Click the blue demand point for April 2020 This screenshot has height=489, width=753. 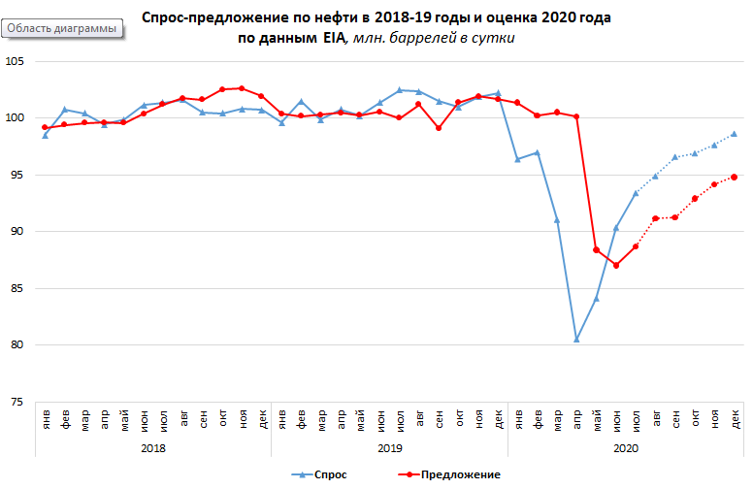coord(576,340)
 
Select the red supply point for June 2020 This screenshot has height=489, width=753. coord(616,265)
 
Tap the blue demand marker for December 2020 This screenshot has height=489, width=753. coord(735,134)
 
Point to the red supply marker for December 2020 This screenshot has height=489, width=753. coord(735,177)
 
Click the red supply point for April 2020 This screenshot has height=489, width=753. coord(576,116)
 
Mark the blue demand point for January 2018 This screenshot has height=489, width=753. coord(45,135)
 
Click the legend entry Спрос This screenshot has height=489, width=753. coord(319,474)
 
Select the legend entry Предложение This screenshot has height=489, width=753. coord(450,474)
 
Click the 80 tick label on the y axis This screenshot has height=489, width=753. coord(18,345)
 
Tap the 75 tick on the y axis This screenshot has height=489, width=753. coord(18,402)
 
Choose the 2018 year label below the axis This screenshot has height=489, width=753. coord(152,449)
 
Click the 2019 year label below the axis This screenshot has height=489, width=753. coord(389,449)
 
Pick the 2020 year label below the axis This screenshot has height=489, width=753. coord(626,449)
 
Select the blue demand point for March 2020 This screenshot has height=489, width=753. coord(557,220)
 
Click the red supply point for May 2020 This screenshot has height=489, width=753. coord(596,250)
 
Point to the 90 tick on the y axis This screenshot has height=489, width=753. coord(18,232)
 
